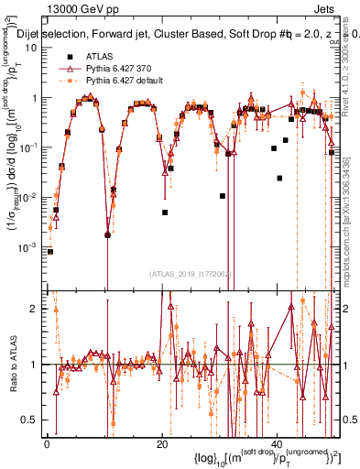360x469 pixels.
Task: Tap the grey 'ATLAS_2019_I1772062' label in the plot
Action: (191, 273)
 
